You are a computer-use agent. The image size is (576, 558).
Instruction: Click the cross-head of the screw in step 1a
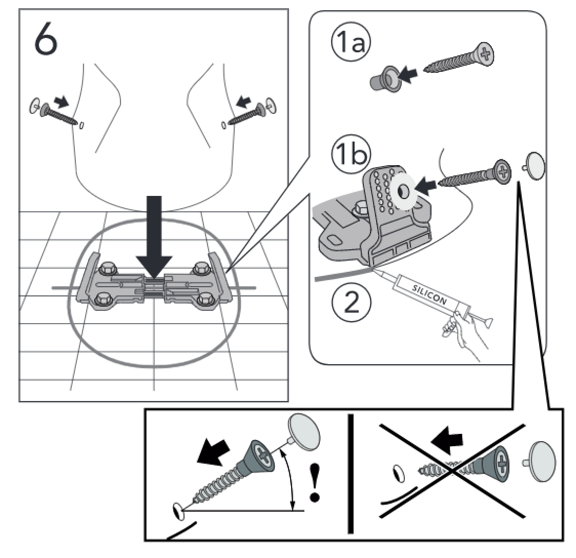[482, 53]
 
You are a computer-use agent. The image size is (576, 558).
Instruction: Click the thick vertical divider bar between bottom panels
[351, 474]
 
